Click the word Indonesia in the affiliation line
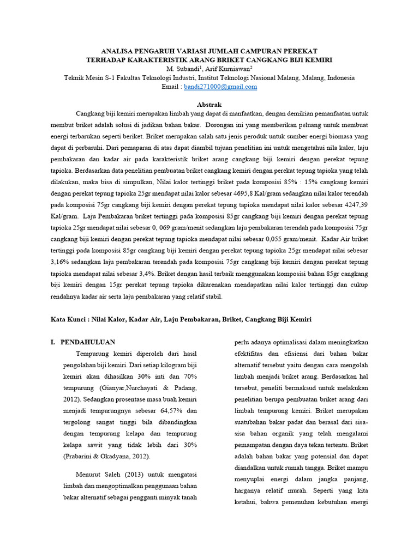pyautogui.click(x=339, y=78)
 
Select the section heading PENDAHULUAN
pyautogui.click(x=87, y=342)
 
